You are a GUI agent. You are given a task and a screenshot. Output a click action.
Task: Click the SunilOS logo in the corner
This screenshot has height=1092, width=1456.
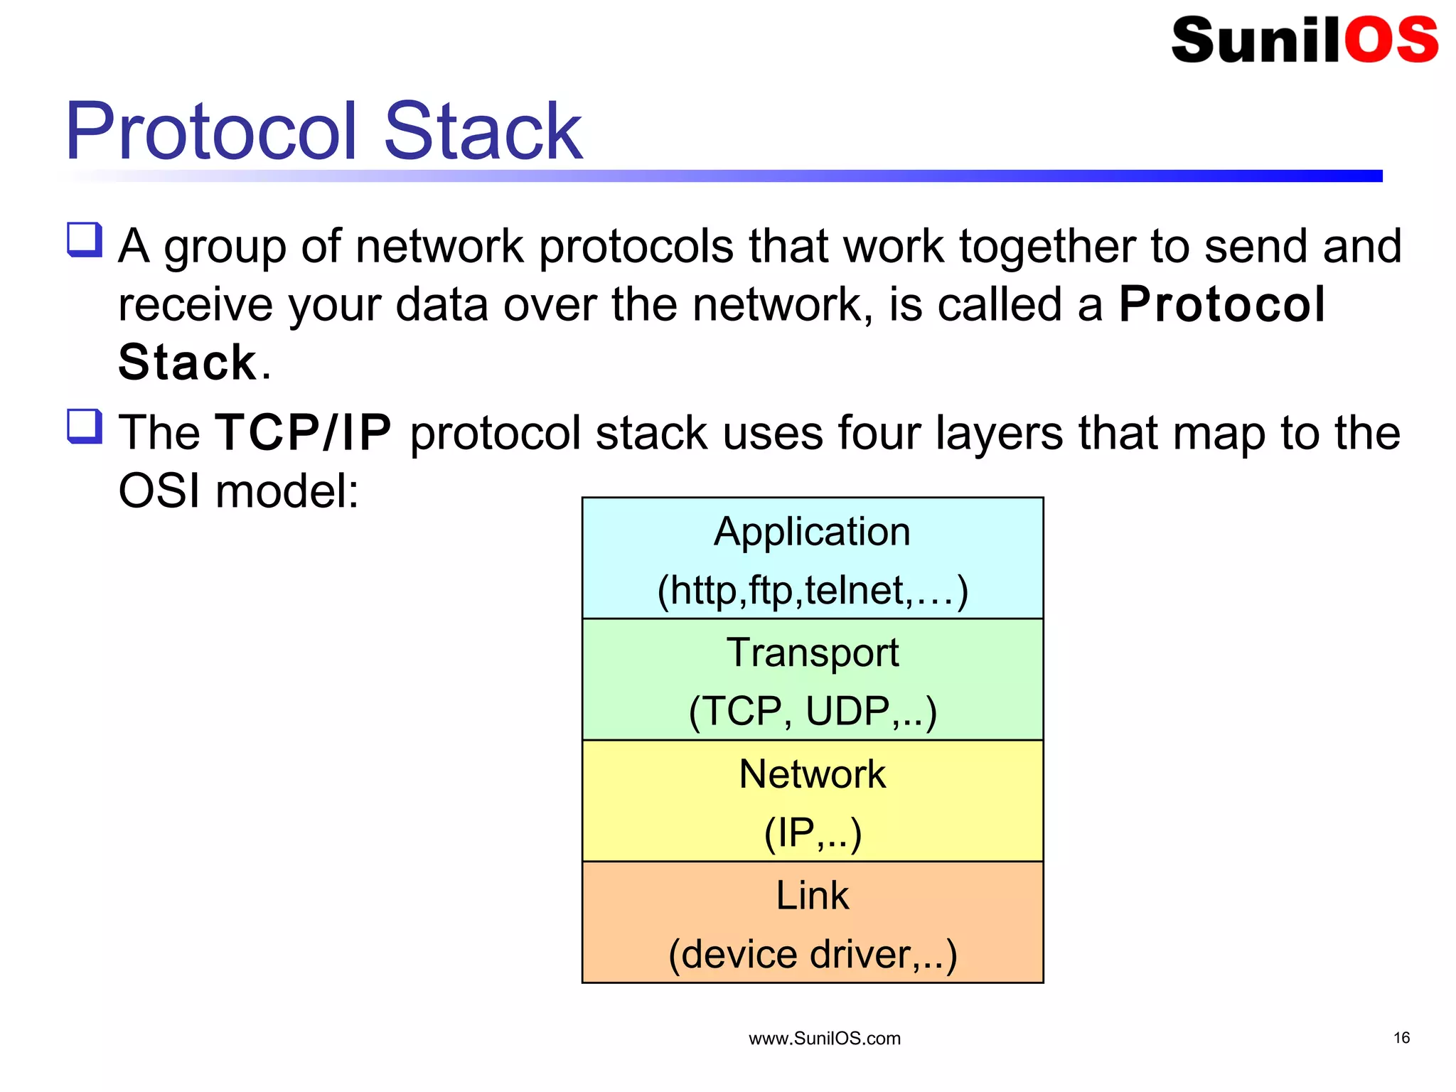coord(1305,41)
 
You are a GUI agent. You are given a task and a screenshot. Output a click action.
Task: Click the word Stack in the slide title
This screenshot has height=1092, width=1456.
coord(483,132)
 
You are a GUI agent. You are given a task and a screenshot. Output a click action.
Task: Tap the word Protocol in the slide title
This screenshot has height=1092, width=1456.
coord(210,132)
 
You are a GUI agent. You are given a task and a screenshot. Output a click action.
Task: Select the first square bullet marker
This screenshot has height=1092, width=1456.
coord(85,239)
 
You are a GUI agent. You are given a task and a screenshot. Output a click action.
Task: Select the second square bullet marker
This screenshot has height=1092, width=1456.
coord(85,426)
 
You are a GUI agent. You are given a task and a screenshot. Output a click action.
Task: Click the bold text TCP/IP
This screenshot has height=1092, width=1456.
coord(304,432)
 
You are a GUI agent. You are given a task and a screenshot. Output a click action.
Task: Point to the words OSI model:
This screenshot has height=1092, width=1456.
coord(238,491)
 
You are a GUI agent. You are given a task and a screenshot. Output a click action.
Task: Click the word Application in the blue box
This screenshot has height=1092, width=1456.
coord(812,532)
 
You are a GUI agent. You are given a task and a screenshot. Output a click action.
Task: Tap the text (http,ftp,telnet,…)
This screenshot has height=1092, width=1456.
coord(812,590)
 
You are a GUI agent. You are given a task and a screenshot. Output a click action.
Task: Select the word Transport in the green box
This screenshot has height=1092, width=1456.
coord(812,653)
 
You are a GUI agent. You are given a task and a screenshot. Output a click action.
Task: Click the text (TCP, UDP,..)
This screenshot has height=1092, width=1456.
coord(812,711)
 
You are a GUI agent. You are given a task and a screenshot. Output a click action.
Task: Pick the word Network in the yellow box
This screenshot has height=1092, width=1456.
coord(812,774)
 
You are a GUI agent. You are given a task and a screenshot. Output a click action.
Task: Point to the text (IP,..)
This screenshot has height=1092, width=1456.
coord(812,833)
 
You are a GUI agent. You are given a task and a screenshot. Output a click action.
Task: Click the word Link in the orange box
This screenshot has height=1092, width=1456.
coord(812,895)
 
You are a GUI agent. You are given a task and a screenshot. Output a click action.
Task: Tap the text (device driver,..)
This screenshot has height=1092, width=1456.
coord(812,954)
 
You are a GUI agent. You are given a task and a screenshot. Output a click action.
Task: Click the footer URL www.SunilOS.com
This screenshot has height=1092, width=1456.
coord(824,1039)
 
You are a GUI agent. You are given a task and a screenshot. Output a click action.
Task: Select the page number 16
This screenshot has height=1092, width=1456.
coord(1401,1038)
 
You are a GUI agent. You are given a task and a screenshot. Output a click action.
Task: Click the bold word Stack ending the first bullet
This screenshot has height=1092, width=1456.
coord(187,363)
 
